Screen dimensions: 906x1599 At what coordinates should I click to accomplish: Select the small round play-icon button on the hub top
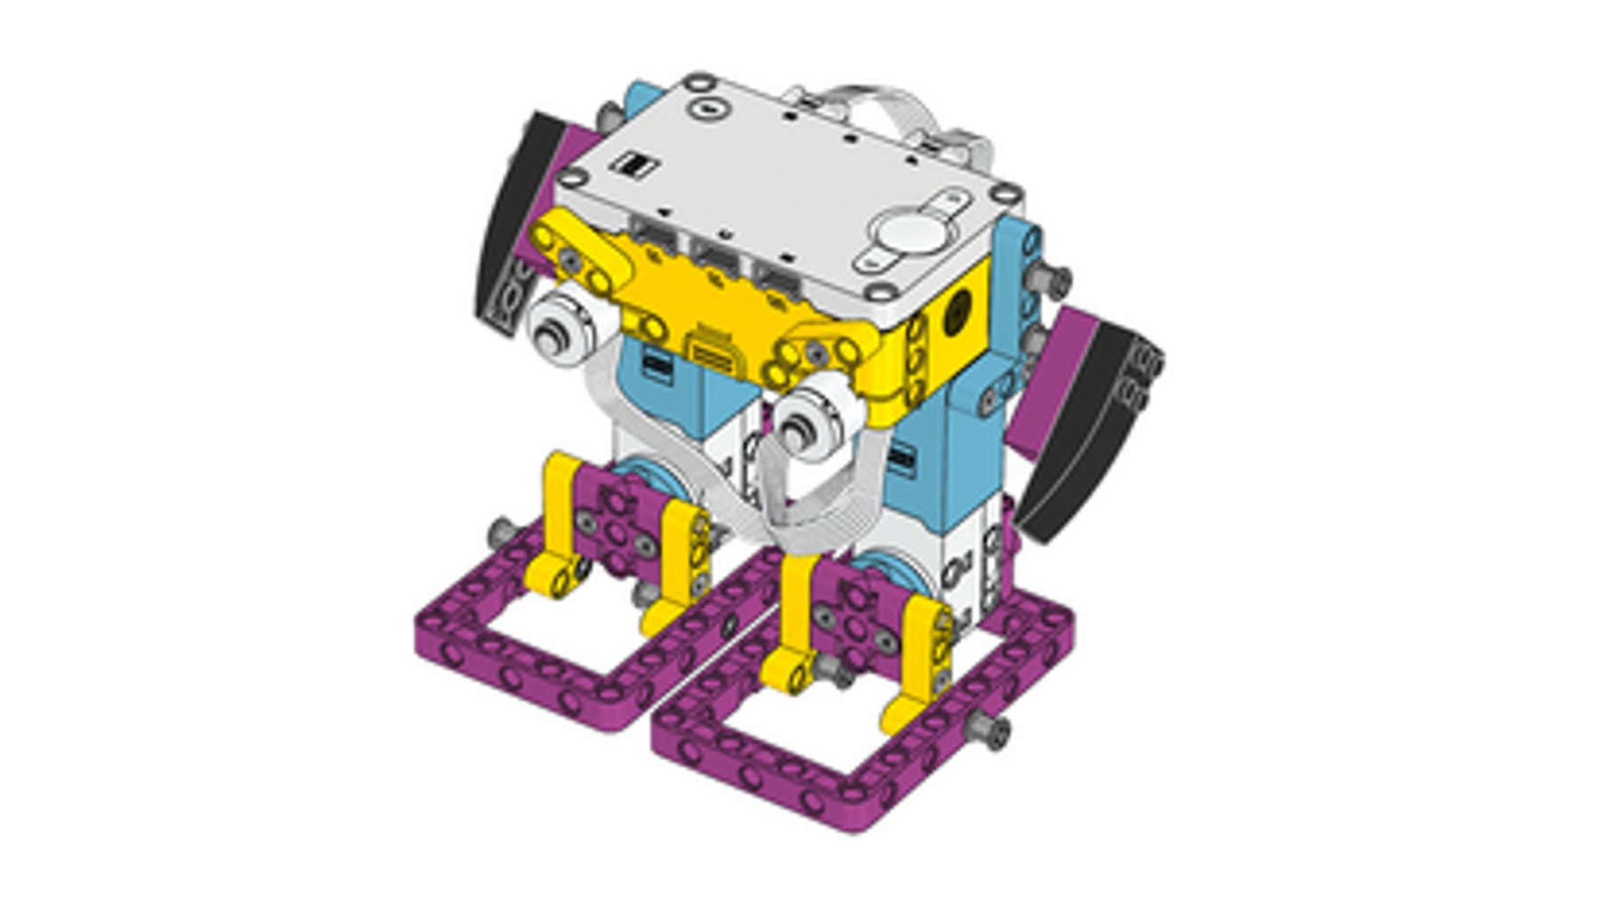708,109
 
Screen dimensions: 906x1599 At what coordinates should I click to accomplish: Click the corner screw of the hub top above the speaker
1006,193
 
